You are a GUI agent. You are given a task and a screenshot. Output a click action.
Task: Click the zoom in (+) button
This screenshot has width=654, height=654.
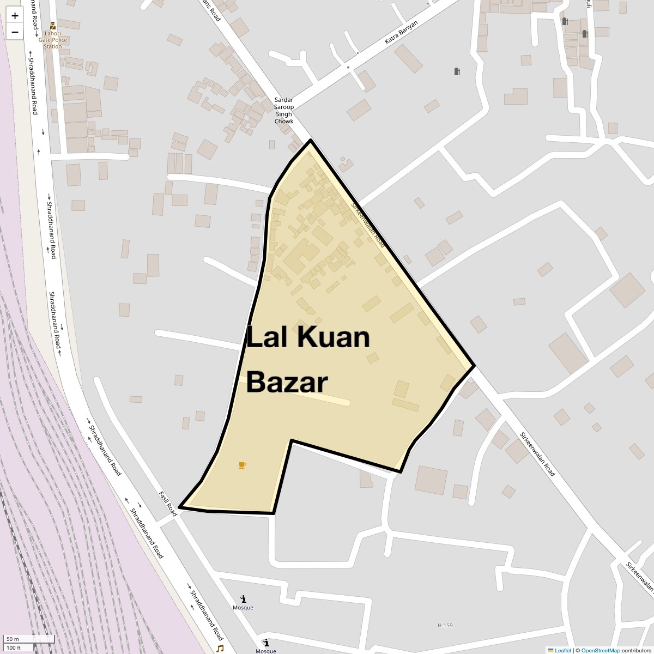pyautogui.click(x=15, y=16)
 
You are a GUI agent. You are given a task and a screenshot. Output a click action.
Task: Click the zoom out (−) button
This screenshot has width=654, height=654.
pyautogui.click(x=15, y=32)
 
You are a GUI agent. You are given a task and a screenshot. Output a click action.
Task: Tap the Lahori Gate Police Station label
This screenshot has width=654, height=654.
pyautogui.click(x=53, y=40)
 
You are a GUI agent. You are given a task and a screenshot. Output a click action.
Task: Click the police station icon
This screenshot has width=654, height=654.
pyautogui.click(x=53, y=26)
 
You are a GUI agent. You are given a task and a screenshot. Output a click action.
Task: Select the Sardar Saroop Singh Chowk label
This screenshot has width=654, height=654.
pyautogui.click(x=283, y=111)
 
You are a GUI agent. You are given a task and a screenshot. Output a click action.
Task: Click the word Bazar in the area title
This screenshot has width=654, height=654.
pyautogui.click(x=287, y=382)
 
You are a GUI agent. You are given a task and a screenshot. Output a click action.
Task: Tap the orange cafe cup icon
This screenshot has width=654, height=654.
pyautogui.click(x=242, y=465)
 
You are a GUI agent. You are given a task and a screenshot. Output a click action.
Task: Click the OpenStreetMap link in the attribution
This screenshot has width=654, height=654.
pyautogui.click(x=600, y=650)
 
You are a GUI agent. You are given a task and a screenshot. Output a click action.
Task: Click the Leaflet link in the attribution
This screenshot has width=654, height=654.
pyautogui.click(x=562, y=650)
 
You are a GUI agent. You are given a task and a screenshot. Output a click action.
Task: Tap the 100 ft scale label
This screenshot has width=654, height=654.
pyautogui.click(x=14, y=647)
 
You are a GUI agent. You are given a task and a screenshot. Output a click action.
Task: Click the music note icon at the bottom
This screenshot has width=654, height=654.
pyautogui.click(x=220, y=649)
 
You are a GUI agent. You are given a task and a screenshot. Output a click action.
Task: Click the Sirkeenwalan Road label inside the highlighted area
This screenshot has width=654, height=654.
pyautogui.click(x=368, y=225)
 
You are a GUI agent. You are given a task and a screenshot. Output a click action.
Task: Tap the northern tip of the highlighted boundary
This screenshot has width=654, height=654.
pyautogui.click(x=310, y=141)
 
